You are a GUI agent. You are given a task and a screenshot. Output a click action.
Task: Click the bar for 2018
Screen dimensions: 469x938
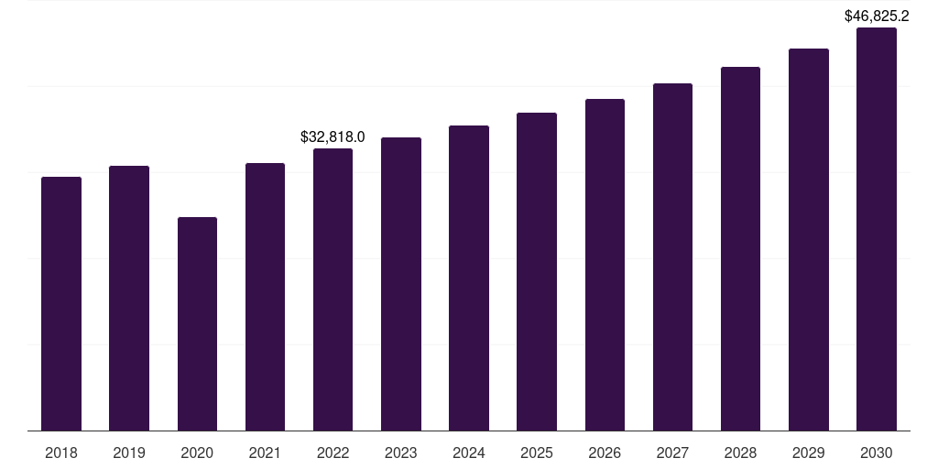(x=61, y=303)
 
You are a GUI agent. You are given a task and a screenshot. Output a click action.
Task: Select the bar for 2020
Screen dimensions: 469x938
(x=197, y=323)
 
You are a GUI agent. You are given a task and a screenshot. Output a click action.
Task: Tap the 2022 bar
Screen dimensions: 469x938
(x=333, y=289)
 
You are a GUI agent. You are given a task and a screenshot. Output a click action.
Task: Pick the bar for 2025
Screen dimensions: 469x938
(x=537, y=271)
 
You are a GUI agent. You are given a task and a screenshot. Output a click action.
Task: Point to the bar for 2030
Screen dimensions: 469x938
(x=877, y=229)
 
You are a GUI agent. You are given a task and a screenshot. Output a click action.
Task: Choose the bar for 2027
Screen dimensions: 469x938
(x=672, y=256)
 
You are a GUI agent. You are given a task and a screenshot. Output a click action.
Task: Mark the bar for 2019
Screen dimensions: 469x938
(x=129, y=298)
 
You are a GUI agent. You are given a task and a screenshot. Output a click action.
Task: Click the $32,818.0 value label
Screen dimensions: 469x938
(x=333, y=137)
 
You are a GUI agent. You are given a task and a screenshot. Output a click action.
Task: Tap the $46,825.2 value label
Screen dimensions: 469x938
(x=877, y=16)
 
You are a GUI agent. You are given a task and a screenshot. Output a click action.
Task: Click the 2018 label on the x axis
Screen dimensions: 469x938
(x=61, y=453)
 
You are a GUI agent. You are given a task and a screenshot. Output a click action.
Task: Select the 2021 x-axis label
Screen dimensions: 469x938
(x=265, y=453)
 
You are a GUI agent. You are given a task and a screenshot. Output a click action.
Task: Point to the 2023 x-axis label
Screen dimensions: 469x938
(x=401, y=453)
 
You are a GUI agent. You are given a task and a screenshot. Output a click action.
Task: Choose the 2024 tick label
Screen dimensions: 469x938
(x=469, y=453)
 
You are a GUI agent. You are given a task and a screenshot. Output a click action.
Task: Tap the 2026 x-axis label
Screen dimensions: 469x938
(x=605, y=453)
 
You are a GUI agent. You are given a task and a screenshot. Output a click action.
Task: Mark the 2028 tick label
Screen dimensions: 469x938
(x=740, y=453)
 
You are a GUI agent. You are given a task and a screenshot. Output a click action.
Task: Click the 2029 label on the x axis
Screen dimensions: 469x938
(x=809, y=453)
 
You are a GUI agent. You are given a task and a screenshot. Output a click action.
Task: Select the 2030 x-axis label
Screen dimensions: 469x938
(x=877, y=453)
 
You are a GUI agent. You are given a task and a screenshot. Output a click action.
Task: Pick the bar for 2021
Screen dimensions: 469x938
(x=265, y=297)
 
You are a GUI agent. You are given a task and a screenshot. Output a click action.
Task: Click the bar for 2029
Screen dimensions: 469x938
(x=809, y=239)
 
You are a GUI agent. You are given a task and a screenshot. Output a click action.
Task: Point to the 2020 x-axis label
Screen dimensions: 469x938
(x=197, y=453)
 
